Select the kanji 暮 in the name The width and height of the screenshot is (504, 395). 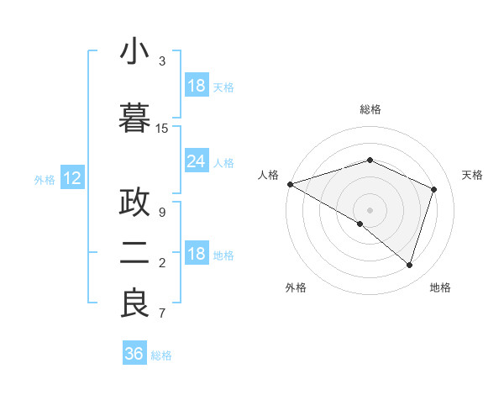134,117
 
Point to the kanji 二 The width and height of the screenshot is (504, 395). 134,253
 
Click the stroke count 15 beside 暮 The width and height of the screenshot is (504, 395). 162,129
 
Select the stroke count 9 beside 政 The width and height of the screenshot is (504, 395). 162,212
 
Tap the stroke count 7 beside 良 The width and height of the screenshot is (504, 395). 162,314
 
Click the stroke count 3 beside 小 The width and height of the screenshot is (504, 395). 162,61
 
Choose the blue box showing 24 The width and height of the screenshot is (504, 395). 196,161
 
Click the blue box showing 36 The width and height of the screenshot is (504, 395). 134,354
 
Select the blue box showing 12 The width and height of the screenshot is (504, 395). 72,178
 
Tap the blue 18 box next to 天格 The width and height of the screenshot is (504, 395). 196,86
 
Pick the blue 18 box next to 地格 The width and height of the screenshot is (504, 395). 196,255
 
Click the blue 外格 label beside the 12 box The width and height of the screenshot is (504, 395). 45,179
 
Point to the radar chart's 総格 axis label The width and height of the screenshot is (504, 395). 370,109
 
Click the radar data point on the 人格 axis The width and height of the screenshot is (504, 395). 290,184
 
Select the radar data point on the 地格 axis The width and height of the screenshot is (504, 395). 409,265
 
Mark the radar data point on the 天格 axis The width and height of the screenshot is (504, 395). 433,189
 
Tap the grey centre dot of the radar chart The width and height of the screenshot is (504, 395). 370,209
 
